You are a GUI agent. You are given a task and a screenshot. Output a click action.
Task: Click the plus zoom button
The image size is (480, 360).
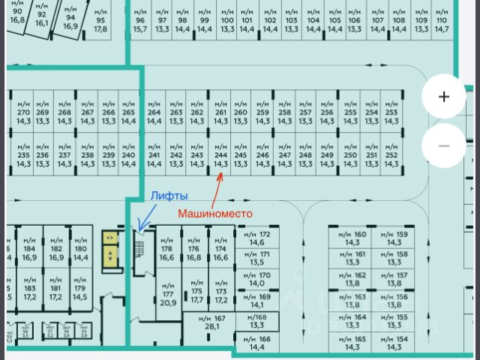click(x=444, y=96)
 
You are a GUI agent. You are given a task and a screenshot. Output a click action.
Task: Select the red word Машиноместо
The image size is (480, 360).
click(x=215, y=213)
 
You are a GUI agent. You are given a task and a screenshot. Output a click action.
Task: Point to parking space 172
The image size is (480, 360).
click(x=257, y=238)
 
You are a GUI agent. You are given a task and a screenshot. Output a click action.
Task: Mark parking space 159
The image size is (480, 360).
click(x=394, y=238)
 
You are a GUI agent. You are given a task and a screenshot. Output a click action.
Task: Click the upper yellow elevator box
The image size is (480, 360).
click(x=110, y=238)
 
